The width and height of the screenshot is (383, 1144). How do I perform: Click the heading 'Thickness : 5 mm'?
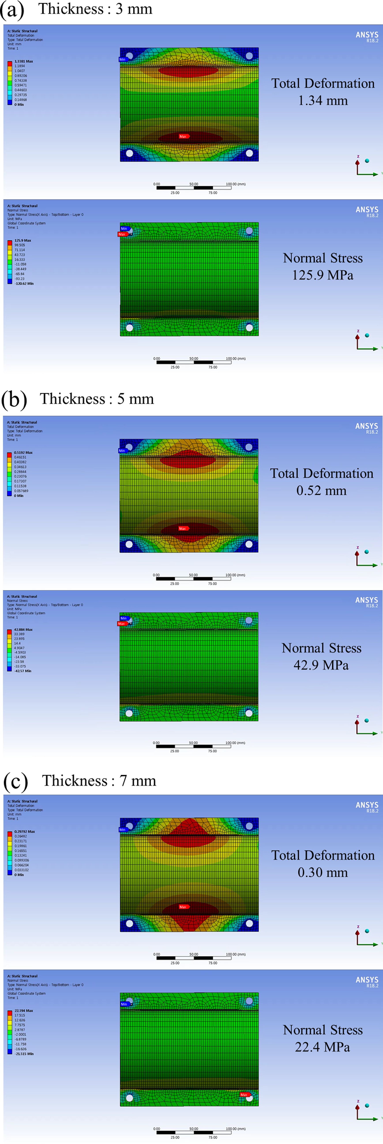click(97, 399)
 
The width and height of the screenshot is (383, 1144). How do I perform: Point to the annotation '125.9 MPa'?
click(323, 275)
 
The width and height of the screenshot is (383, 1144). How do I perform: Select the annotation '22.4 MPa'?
click(323, 1047)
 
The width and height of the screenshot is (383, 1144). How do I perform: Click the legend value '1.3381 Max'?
click(24, 61)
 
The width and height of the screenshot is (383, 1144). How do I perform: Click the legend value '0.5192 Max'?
click(23, 452)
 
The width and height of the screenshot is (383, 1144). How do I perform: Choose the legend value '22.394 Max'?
click(24, 1010)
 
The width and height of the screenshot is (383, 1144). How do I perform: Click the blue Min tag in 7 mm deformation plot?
click(122, 829)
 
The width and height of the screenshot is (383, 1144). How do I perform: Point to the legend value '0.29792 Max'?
click(24, 831)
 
